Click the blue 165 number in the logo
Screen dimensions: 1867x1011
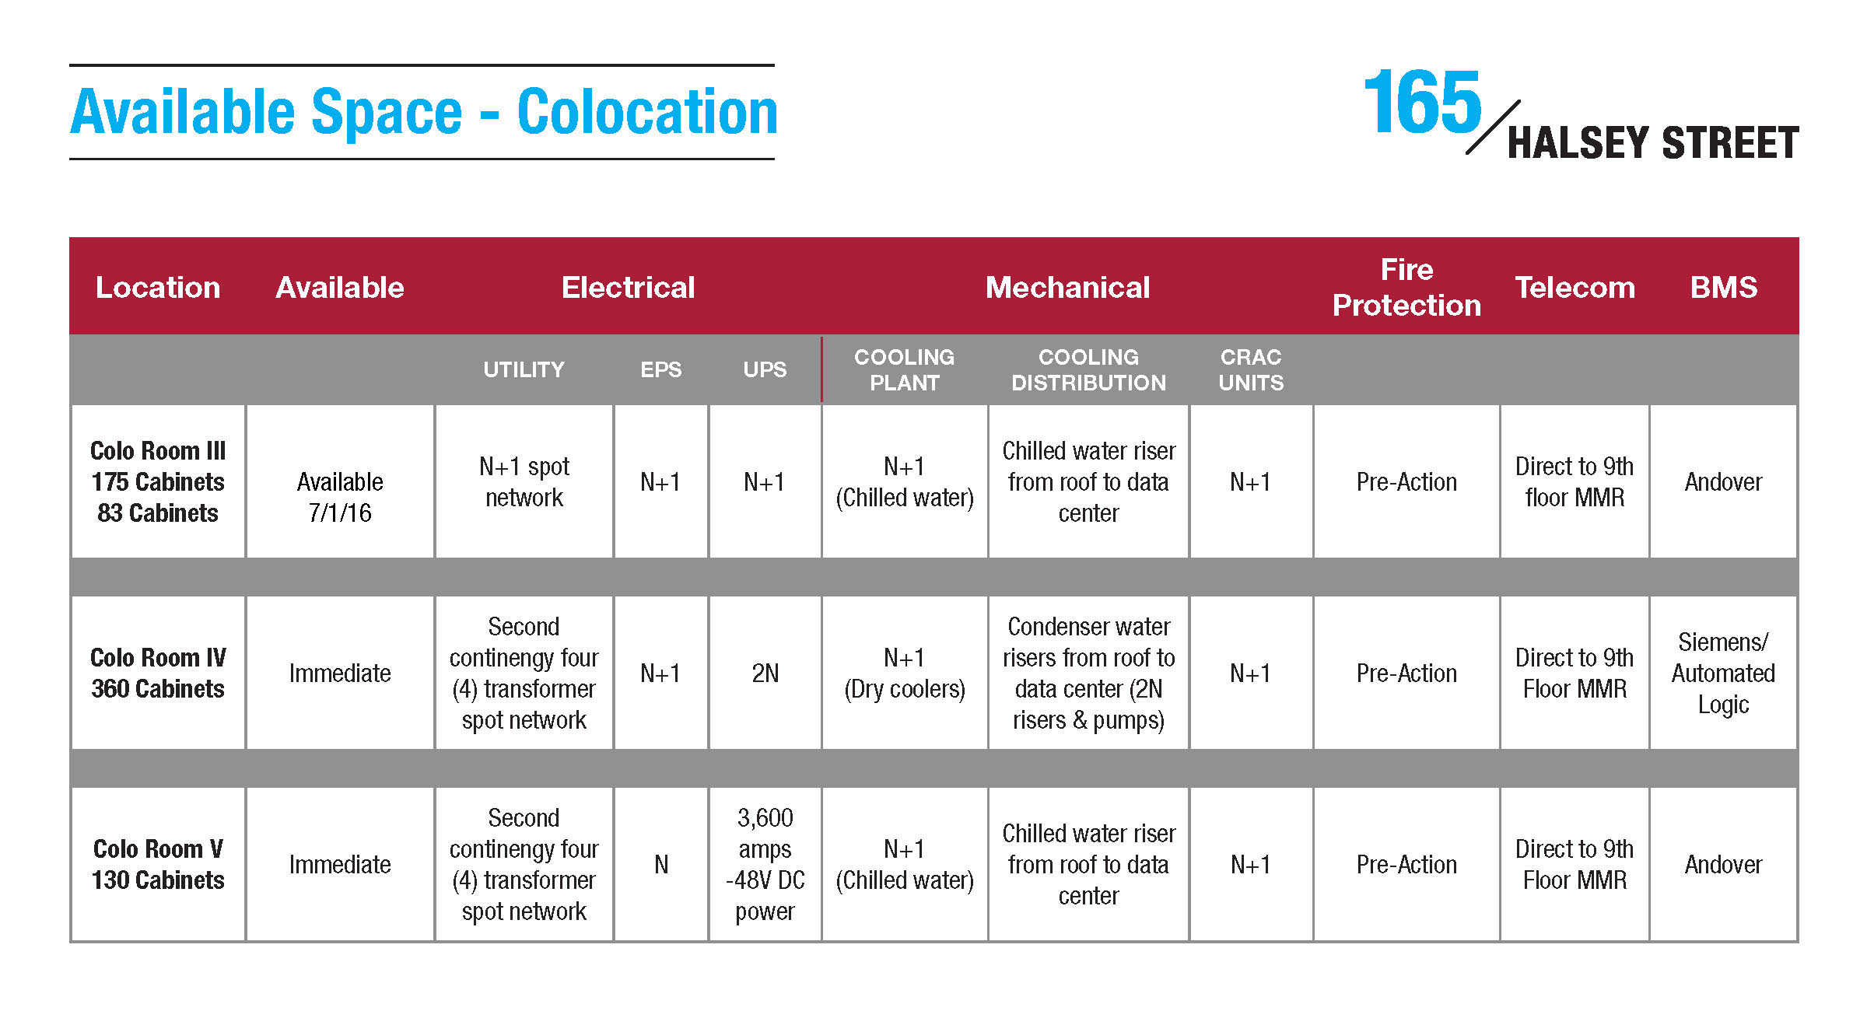pos(1423,102)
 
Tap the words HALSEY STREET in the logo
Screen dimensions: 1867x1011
pos(1653,143)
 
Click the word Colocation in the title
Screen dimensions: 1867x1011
pos(647,112)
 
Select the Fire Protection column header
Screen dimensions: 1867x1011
pos(1406,287)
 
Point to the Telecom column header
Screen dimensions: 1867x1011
pos(1575,288)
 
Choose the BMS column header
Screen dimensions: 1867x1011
pos(1724,288)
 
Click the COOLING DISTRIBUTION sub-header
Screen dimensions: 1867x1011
pos(1088,369)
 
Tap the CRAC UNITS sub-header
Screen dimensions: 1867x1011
pos(1251,369)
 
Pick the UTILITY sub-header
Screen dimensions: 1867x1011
pos(524,369)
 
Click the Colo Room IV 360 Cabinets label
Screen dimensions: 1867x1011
pos(158,673)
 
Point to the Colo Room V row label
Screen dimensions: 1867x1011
pos(158,864)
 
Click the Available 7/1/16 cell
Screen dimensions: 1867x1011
pos(340,497)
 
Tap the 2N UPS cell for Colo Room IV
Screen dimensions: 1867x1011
pos(765,673)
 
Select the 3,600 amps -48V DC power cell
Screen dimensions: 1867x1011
pos(765,864)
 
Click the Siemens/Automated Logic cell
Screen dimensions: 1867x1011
pos(1723,673)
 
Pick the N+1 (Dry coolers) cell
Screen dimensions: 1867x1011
pos(904,673)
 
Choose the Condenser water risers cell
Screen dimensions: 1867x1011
pos(1088,673)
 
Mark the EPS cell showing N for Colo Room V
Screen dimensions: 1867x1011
pos(661,864)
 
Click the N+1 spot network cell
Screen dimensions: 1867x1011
pos(524,481)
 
